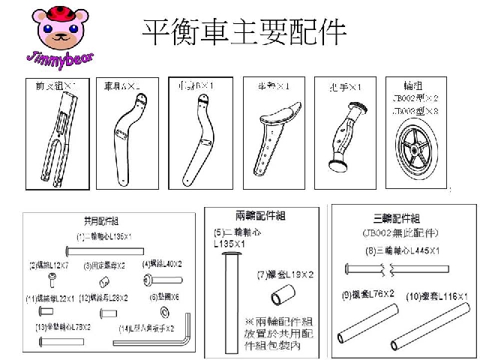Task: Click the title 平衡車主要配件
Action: [244, 32]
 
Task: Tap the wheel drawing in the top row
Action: [415, 148]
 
